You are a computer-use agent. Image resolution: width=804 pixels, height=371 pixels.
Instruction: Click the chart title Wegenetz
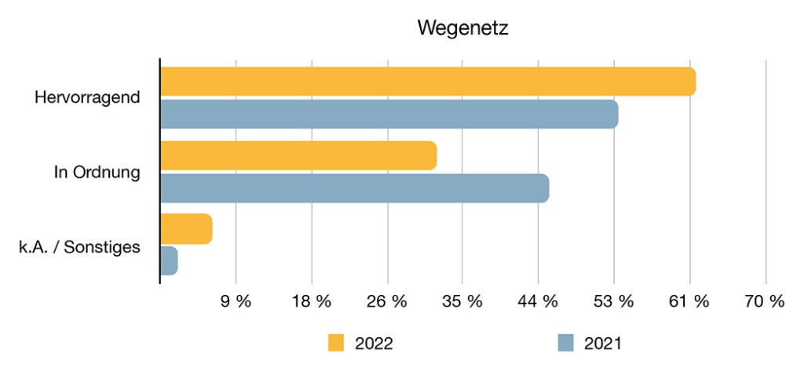tap(462, 29)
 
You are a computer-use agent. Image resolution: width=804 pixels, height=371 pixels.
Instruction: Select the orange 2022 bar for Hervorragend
tap(428, 82)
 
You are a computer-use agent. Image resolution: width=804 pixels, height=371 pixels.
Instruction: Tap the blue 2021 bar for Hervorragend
tap(389, 115)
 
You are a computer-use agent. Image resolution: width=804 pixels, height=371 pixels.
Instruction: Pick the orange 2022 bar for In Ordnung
tap(298, 155)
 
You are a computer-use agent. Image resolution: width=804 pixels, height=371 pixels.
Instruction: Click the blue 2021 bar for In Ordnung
tap(354, 188)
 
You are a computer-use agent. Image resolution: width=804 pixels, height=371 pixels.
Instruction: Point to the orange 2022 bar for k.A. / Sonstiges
tap(186, 228)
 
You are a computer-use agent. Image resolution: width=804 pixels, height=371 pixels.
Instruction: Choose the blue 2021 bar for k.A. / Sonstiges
tap(169, 261)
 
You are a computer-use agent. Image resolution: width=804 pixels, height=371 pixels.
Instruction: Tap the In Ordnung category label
tap(97, 173)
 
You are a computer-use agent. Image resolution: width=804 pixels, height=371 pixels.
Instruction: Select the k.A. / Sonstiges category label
tap(79, 247)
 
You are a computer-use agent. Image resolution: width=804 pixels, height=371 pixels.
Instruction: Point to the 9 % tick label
tap(236, 302)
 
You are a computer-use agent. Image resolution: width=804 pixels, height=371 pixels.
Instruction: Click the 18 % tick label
tap(312, 302)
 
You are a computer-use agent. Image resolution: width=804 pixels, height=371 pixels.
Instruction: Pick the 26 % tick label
tap(387, 302)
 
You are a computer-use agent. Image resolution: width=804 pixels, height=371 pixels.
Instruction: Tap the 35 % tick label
tap(462, 302)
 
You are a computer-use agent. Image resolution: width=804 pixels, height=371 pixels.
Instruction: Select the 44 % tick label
tap(538, 302)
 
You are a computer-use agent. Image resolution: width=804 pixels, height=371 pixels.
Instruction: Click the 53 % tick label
tap(613, 302)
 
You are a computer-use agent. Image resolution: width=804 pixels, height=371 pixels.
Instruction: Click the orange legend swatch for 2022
tap(336, 343)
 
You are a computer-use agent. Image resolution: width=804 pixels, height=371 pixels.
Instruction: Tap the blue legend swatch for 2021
tap(565, 343)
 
